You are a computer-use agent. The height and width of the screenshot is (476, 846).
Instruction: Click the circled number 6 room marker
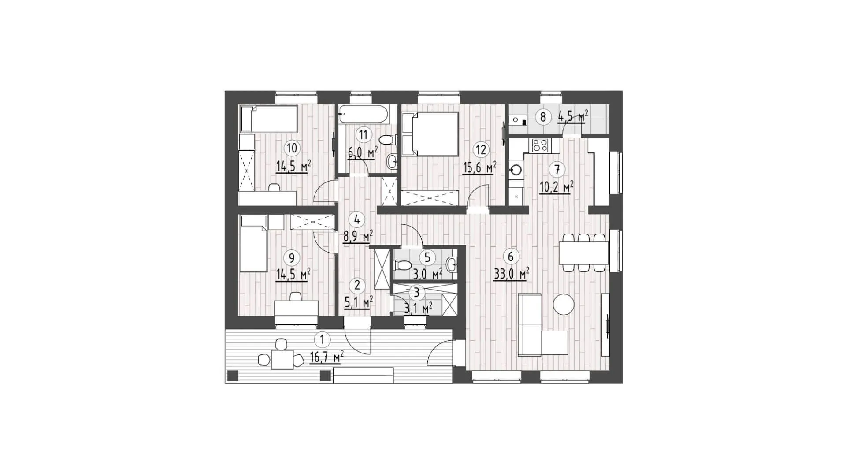[x=511, y=257]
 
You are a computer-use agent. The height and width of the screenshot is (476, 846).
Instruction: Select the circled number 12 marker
[x=481, y=149]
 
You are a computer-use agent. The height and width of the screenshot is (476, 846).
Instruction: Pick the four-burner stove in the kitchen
[x=541, y=145]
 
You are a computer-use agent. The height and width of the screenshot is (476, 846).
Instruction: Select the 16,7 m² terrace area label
[x=327, y=357]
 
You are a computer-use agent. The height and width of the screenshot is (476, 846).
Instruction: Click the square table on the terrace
[x=282, y=360]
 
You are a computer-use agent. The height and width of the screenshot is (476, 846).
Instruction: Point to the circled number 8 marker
[x=543, y=117]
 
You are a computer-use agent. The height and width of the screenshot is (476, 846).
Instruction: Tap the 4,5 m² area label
[x=573, y=117]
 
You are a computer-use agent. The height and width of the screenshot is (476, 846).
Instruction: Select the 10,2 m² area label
[x=557, y=188]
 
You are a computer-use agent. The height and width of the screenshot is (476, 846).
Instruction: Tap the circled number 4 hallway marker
[x=356, y=218]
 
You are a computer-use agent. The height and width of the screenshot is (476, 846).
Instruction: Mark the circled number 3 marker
[x=417, y=292]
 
